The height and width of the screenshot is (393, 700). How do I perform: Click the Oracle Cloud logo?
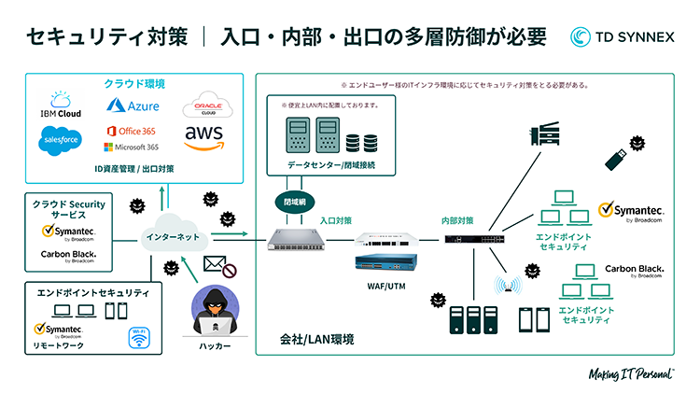click(x=200, y=104)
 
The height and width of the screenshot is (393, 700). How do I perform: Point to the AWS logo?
click(x=203, y=138)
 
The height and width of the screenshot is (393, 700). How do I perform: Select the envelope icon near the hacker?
click(x=216, y=265)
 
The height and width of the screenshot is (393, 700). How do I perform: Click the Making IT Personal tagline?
click(x=632, y=374)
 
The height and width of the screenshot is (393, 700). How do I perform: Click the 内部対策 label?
click(x=457, y=220)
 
